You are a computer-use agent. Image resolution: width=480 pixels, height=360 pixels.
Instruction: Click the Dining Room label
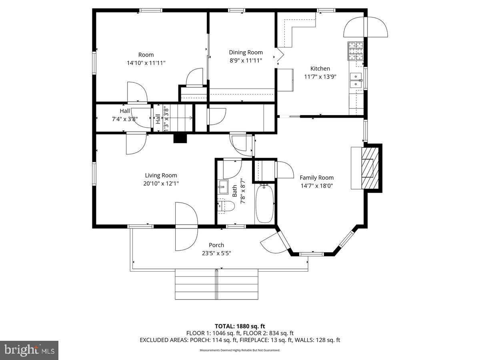[246, 52]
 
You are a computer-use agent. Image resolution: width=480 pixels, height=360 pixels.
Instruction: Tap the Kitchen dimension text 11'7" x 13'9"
[320, 77]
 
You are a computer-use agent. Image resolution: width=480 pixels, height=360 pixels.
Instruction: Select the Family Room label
[317, 178]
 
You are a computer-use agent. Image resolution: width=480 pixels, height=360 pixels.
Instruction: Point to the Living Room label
[161, 175]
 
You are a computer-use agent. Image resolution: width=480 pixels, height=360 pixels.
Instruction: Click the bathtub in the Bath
[265, 204]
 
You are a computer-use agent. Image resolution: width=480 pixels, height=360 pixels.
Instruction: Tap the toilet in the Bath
[226, 206]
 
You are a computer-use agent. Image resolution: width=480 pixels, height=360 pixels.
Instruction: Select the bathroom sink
[223, 187]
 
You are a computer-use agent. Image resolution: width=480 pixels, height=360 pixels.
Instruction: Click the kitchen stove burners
[356, 51]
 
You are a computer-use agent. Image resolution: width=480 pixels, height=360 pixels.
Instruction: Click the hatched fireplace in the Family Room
[370, 168]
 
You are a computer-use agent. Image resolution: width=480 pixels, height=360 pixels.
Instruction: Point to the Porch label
[216, 245]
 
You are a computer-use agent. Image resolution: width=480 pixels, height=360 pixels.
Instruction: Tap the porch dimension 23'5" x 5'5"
[216, 253]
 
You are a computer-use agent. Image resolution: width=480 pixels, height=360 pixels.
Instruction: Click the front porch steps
[216, 284]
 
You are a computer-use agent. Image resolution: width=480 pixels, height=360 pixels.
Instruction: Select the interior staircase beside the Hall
[178, 118]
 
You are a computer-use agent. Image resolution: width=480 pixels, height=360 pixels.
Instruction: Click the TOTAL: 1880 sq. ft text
[240, 326]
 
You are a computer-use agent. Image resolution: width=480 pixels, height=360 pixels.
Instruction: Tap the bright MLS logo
[29, 350]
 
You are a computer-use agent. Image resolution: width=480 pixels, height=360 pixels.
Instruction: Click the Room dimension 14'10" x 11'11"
[146, 63]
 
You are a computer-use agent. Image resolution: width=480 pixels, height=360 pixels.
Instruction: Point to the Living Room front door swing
[186, 226]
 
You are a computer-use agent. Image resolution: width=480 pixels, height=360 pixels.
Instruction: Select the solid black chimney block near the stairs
[180, 138]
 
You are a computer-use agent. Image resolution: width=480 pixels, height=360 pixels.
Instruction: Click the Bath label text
[235, 191]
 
